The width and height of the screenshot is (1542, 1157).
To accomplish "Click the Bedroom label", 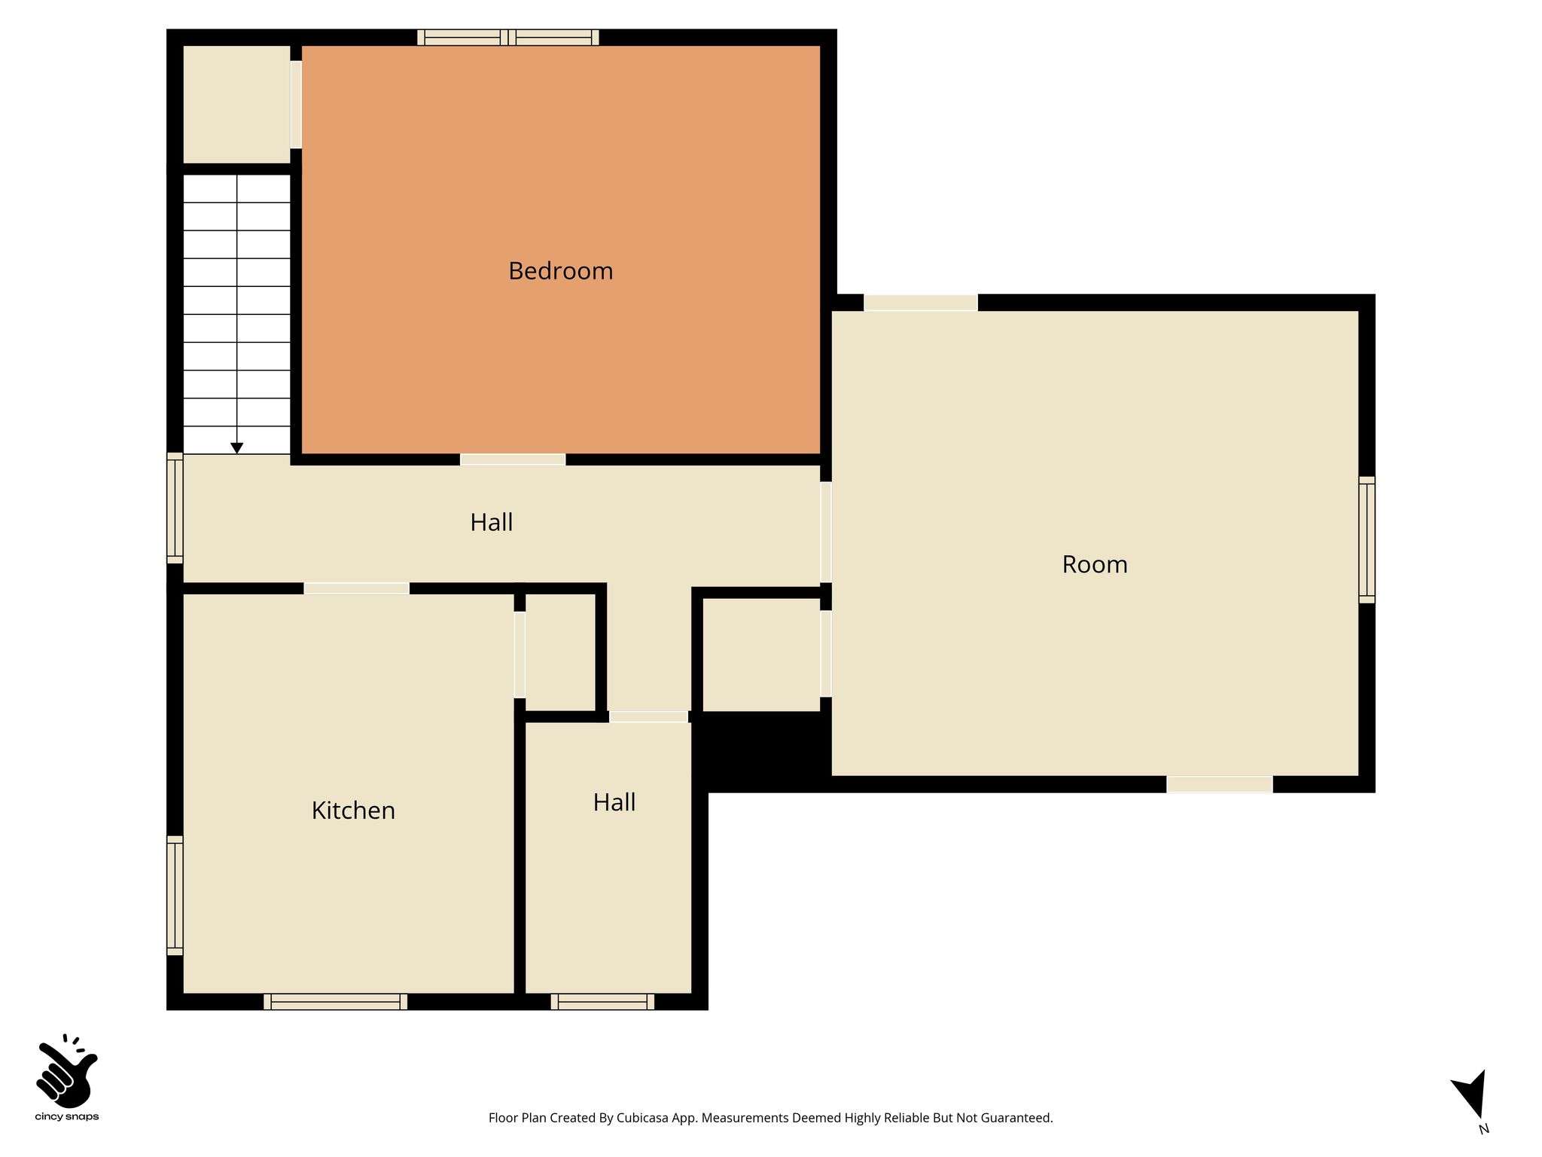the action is [561, 271].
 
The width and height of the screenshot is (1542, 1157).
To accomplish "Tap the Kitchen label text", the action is [353, 811].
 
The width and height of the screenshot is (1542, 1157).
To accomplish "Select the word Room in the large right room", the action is [1095, 564].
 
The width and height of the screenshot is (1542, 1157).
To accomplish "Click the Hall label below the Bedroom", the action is [492, 522].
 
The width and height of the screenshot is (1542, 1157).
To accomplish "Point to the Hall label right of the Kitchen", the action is [614, 802].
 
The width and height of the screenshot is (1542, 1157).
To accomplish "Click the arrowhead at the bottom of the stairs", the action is [237, 448].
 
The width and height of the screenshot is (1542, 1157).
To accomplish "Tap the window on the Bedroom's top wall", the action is [508, 38].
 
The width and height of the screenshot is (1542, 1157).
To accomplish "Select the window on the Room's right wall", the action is [1367, 540].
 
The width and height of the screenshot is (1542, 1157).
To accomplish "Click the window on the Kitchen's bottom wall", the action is [336, 1002].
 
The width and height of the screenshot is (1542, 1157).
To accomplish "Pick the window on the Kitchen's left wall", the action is [175, 896].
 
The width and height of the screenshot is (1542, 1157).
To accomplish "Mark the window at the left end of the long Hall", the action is [175, 508].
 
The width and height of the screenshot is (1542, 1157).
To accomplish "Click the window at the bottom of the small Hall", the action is [602, 1002].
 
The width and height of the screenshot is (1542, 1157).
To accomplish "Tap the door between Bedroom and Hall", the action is [513, 459].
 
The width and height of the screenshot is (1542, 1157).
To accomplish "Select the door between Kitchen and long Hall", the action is [357, 588].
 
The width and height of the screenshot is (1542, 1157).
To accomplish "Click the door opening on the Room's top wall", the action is [921, 303].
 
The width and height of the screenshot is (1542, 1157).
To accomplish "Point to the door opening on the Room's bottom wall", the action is [1220, 784].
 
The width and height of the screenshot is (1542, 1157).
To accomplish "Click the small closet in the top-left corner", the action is [237, 105].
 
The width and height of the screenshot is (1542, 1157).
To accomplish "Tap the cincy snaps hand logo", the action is [67, 1071].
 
